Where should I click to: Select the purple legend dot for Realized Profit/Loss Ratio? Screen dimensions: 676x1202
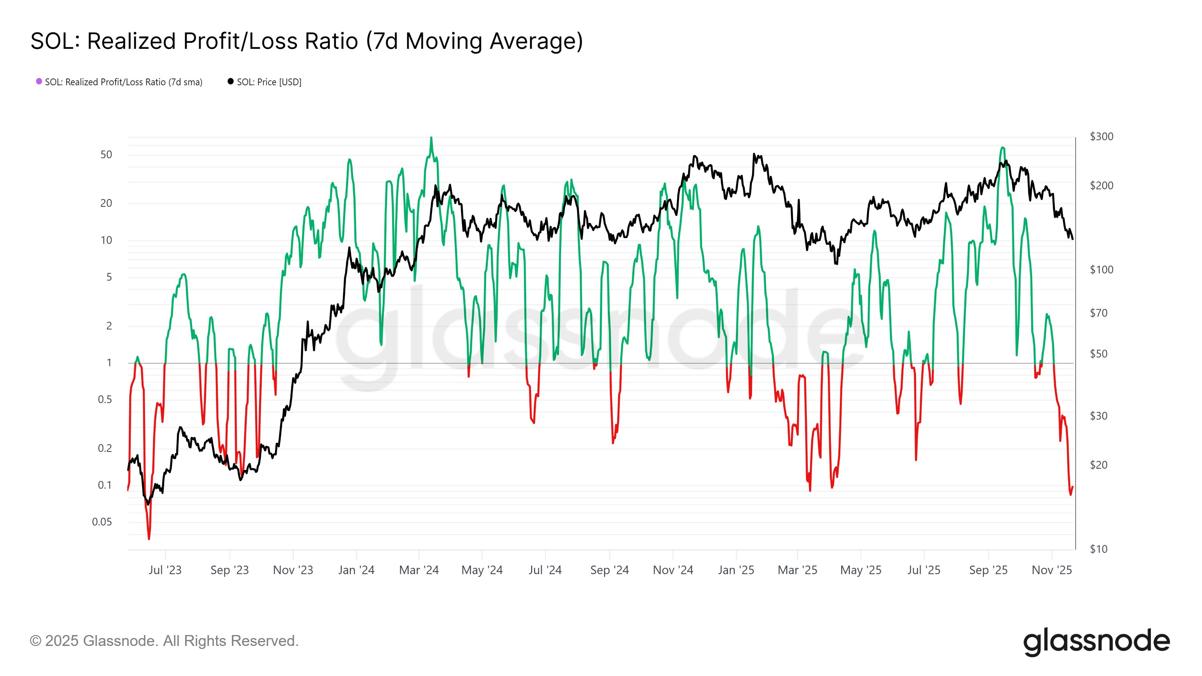pos(39,81)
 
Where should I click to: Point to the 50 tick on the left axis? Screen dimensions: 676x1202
pos(106,154)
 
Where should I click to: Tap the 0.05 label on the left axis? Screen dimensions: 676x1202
pos(102,522)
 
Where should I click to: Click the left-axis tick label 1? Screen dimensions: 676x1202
pos(109,362)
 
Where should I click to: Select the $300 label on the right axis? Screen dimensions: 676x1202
pos(1101,136)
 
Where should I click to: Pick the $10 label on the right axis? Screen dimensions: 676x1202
pos(1098,549)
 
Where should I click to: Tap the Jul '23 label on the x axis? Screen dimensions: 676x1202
pos(165,570)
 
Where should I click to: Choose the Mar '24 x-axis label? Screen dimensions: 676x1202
pos(418,570)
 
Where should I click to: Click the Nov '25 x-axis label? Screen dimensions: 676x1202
pos(1051,570)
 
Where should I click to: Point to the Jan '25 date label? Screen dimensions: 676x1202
pos(736,570)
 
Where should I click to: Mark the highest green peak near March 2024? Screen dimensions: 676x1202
pos(431,137)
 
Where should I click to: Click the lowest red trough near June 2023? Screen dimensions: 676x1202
pos(149,539)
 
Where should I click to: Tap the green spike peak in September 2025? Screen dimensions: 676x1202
pos(1002,148)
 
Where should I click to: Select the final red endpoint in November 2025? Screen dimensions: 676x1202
pos(1073,487)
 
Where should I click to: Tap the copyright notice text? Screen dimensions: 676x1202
pos(164,641)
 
